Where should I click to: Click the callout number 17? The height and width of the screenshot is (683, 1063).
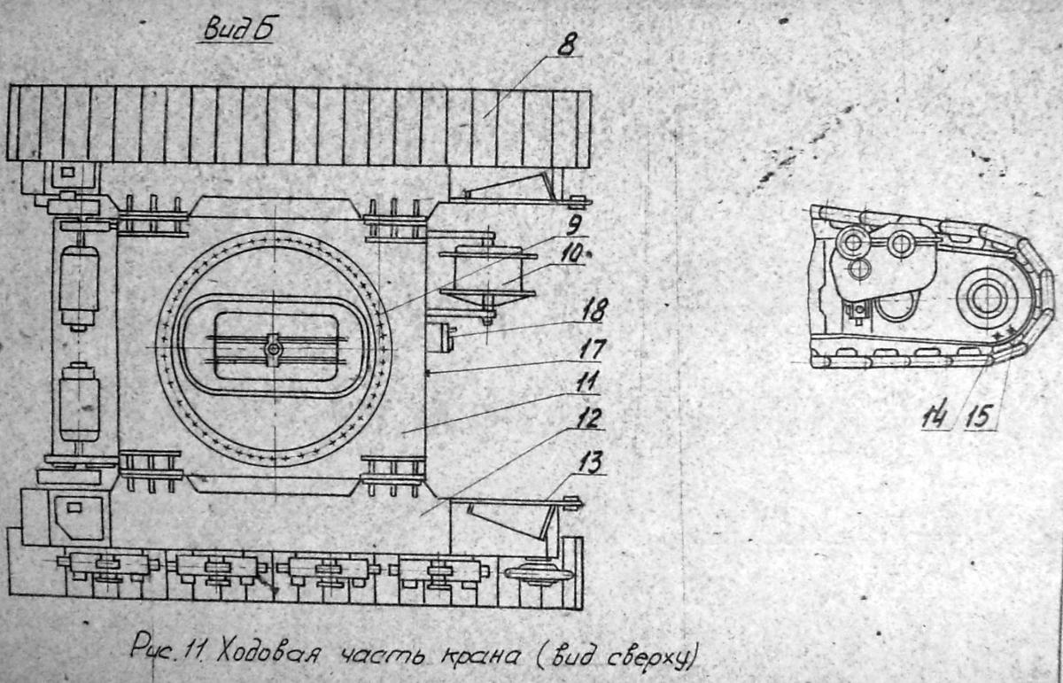592,349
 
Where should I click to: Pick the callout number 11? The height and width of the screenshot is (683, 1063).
587,383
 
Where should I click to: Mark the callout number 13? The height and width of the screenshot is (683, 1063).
591,462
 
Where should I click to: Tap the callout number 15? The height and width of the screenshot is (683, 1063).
978,416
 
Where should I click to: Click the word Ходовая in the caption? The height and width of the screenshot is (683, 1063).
268,655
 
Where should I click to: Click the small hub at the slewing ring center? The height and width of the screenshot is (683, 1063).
274,350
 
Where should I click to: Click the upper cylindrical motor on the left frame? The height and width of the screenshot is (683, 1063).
80,286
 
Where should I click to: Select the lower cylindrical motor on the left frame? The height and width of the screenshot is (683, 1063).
80,402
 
